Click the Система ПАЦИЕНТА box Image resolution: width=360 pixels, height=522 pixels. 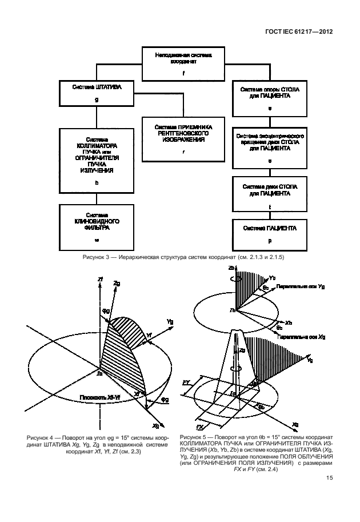pos(269,235)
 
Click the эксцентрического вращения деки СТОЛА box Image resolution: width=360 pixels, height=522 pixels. pos(269,149)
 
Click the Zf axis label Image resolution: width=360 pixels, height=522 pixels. pos(101,278)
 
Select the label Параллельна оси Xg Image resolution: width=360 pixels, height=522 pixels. pos(298,337)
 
